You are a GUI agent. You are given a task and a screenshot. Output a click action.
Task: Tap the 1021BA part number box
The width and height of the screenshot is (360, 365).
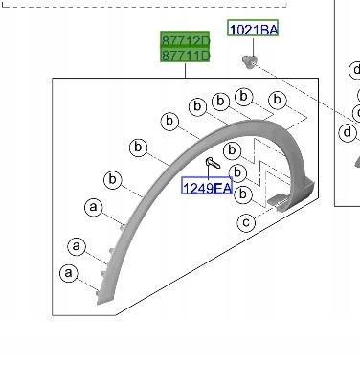(x=252, y=30)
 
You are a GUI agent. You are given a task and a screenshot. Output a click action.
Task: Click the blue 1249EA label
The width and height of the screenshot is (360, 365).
(x=206, y=188)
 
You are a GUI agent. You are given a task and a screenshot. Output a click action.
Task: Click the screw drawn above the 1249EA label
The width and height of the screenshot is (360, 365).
(x=209, y=165)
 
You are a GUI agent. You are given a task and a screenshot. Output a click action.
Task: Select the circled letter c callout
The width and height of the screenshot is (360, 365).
(x=246, y=223)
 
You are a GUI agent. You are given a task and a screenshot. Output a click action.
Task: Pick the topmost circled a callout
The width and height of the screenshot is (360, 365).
(x=93, y=206)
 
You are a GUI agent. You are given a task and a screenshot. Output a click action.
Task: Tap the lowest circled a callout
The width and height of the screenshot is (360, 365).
(x=68, y=273)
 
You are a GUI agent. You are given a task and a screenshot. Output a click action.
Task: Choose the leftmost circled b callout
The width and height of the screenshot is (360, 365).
(x=113, y=179)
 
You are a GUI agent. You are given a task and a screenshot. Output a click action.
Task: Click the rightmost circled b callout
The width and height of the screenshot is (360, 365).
(x=277, y=100)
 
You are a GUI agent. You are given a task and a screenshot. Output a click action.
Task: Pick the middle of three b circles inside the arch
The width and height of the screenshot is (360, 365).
(x=238, y=172)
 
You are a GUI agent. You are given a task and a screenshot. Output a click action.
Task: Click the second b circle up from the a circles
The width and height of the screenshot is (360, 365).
(x=138, y=148)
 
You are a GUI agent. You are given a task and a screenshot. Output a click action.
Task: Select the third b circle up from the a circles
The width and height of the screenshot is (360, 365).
(x=170, y=122)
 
